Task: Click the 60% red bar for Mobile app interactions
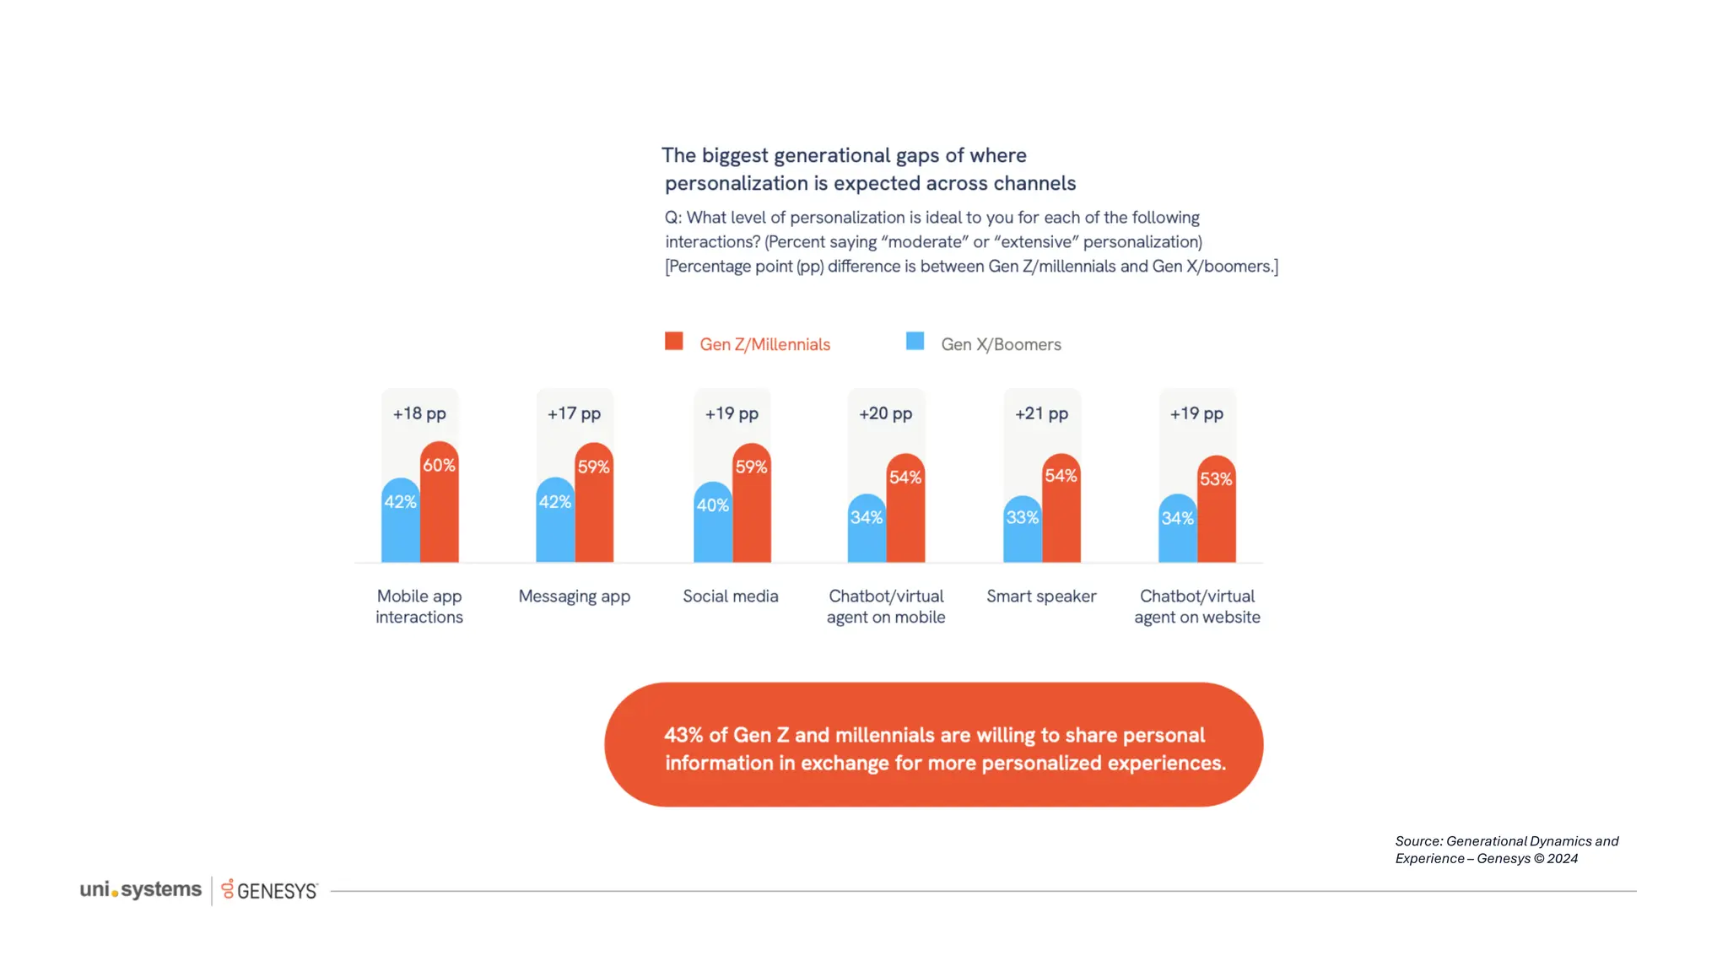440,506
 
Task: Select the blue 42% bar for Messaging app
555,523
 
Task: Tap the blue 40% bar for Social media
712,525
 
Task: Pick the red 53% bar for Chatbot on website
1217,513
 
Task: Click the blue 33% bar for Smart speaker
1022,532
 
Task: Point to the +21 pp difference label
1041,413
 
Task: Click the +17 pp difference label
574,413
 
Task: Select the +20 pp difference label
885,413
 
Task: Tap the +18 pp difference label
419,413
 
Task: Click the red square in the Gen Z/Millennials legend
673,341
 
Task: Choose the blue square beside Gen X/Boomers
915,341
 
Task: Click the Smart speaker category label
1041,597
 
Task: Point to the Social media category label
730,597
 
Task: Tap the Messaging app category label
574,597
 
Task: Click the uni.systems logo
141,889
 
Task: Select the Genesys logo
270,890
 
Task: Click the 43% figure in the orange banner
683,735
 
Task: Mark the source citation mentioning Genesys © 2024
1506,850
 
